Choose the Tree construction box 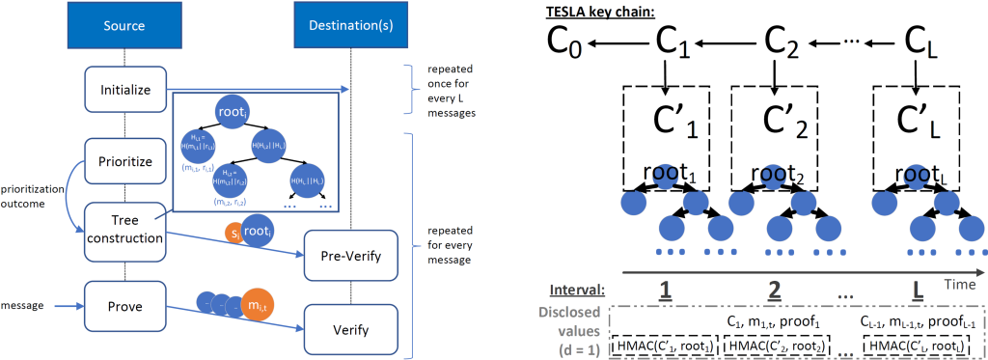tap(125, 231)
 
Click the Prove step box tap(125, 307)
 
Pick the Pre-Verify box tap(350, 256)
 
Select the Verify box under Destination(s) tap(350, 329)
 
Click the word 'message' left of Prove tap(25, 307)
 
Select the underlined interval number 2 tap(774, 290)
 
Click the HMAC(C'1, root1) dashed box tap(667, 346)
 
